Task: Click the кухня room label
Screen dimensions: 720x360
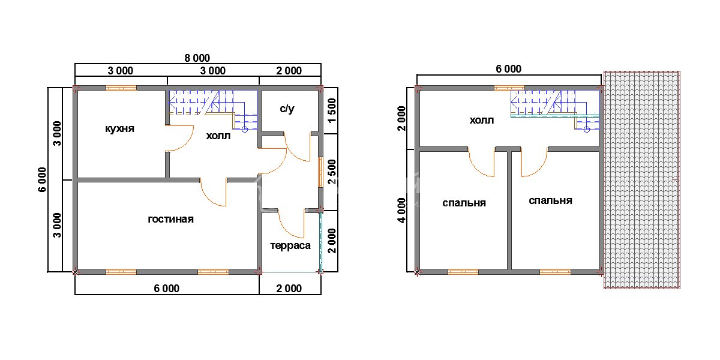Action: [119, 128]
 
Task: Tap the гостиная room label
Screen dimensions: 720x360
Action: [170, 219]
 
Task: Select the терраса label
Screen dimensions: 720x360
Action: [290, 246]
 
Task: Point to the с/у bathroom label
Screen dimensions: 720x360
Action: [287, 109]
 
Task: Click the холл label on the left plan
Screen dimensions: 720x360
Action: [218, 136]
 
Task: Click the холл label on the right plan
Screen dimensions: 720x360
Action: [481, 121]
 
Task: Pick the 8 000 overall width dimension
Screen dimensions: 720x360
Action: [197, 58]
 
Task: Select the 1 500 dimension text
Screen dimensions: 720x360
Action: [332, 110]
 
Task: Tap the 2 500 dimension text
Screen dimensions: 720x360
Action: [332, 172]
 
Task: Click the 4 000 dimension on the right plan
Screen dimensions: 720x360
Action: [402, 211]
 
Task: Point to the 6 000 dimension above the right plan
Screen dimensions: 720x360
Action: [509, 69]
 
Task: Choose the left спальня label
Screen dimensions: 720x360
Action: [464, 203]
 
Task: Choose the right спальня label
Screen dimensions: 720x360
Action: [551, 201]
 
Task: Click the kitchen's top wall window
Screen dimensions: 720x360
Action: [121, 88]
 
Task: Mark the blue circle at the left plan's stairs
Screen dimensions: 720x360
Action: [245, 130]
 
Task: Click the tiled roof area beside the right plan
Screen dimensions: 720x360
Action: [642, 180]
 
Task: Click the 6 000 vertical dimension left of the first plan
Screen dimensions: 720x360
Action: [43, 179]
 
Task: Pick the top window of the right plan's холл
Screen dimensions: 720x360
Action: [509, 88]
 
